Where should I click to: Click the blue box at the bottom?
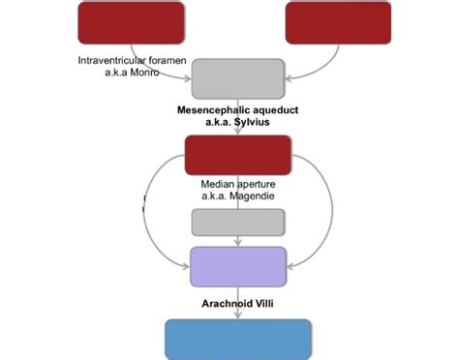pyautogui.click(x=238, y=339)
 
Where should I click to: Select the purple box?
pyautogui.click(x=238, y=266)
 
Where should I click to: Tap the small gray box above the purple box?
pyautogui.click(x=238, y=222)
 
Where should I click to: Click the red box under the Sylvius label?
pyautogui.click(x=238, y=155)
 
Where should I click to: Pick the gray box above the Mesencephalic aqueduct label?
pyautogui.click(x=238, y=77)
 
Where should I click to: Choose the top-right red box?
pyautogui.click(x=338, y=22)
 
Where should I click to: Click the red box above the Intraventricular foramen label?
pyautogui.click(x=131, y=22)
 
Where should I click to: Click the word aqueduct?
pyautogui.click(x=274, y=110)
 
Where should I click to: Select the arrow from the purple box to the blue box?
pyautogui.click(x=238, y=303)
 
